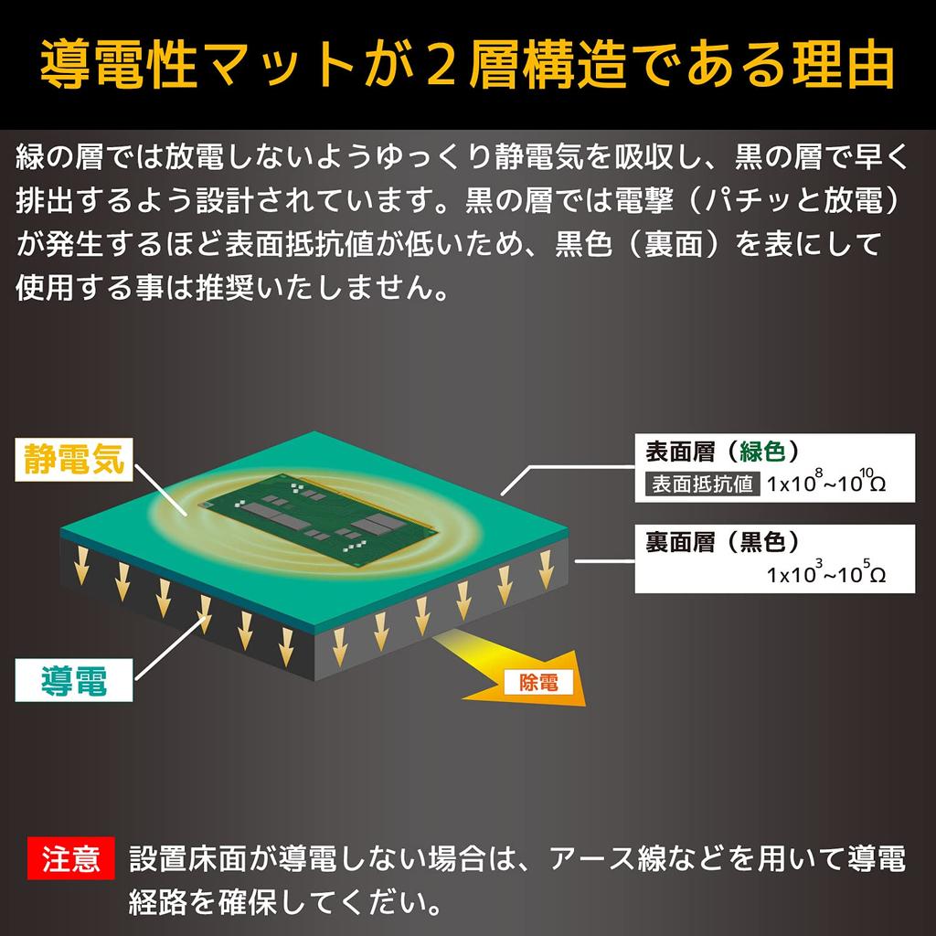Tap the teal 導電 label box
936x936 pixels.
coord(73,680)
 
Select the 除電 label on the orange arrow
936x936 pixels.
coord(537,682)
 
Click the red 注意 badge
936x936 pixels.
coord(70,857)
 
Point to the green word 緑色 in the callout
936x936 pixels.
coord(762,452)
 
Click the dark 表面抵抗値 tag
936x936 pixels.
coord(702,484)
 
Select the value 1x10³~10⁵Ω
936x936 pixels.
coord(826,572)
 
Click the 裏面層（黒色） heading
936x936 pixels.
coord(722,542)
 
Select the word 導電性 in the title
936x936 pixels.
coord(118,64)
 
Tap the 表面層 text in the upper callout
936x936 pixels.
coord(680,452)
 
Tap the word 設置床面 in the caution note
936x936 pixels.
coord(187,858)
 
